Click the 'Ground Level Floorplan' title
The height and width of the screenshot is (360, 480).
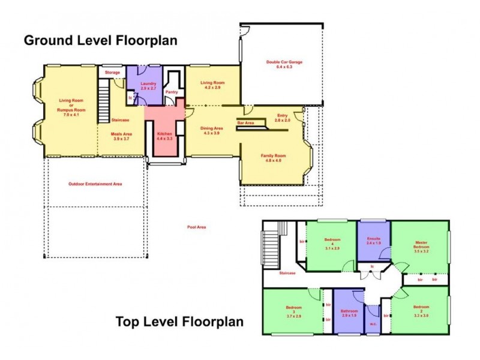point(100,41)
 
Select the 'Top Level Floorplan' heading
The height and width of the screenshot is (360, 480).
point(179,322)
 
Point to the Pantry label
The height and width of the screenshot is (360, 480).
point(172,92)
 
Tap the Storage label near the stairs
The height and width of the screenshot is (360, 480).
point(112,73)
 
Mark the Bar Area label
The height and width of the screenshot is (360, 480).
point(246,122)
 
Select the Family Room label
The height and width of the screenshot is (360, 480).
point(271,158)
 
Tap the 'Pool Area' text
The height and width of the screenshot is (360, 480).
point(196,227)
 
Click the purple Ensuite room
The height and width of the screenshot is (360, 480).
point(374,241)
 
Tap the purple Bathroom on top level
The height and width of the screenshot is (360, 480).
point(349,312)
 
